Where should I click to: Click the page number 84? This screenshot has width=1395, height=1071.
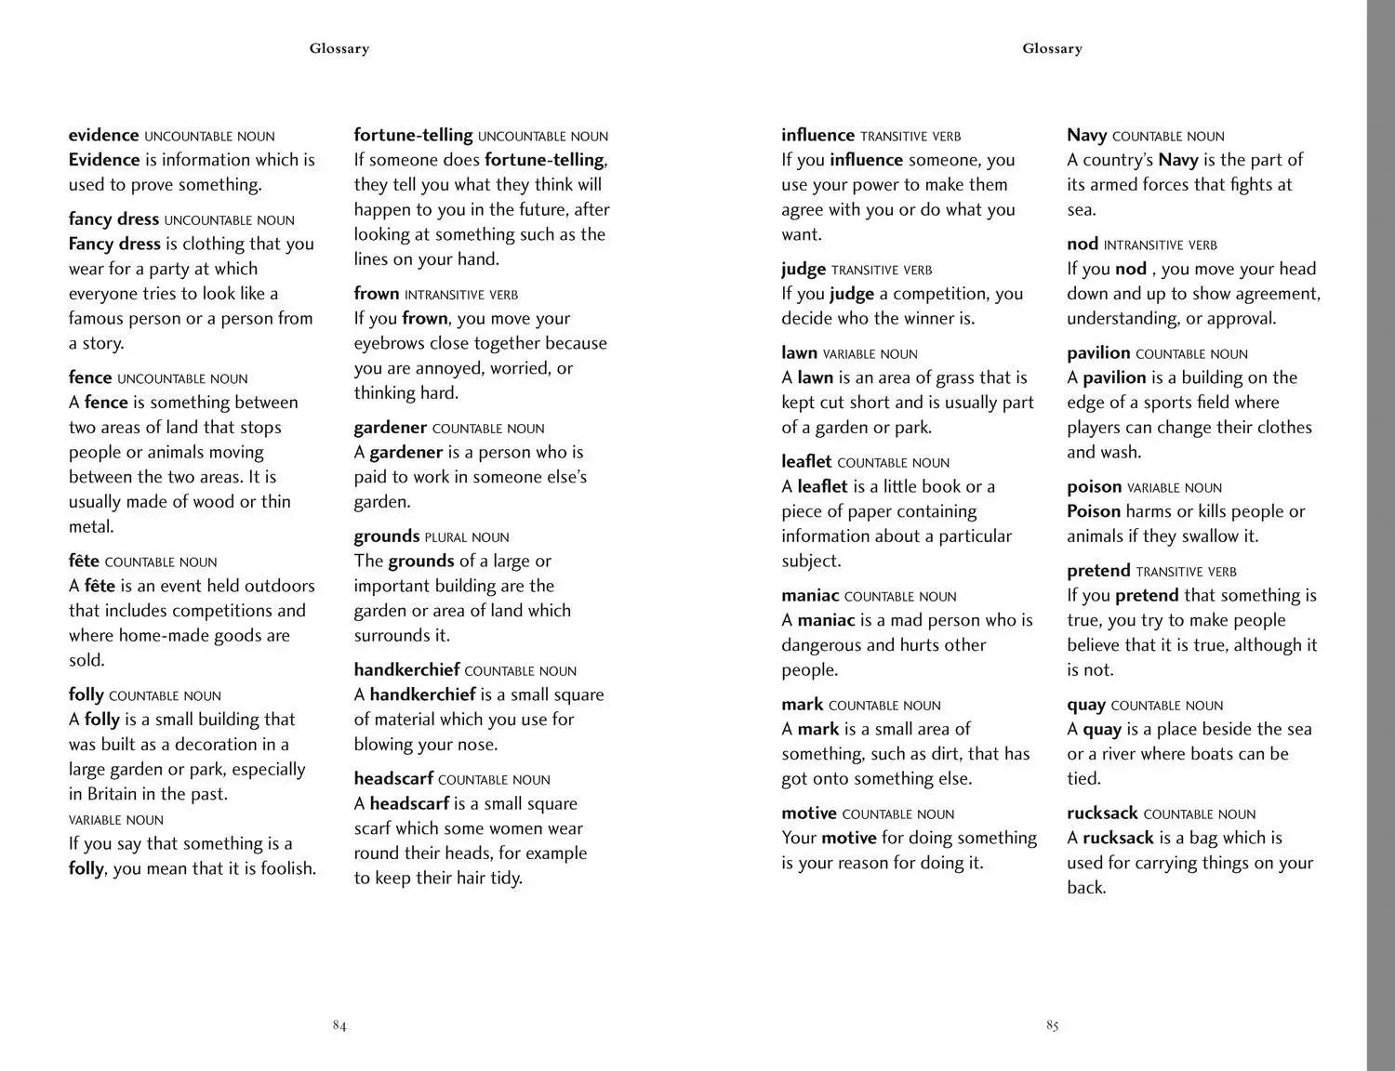click(x=339, y=1025)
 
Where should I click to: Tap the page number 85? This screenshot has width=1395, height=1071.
click(x=1052, y=1025)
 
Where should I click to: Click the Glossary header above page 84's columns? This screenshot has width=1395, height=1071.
click(x=339, y=48)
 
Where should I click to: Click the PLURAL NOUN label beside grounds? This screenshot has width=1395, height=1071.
click(x=467, y=537)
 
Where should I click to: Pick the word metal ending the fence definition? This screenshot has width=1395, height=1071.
click(x=90, y=527)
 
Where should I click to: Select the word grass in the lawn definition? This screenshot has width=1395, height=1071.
click(x=954, y=377)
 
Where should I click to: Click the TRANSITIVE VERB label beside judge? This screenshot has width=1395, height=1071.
click(x=882, y=271)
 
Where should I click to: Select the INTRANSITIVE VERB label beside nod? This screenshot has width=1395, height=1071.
click(x=1160, y=245)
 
